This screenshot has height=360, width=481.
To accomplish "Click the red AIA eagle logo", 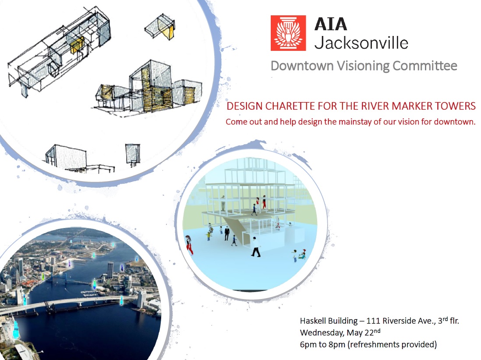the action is (x=288, y=33).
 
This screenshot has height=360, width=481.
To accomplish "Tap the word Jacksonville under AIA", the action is (x=361, y=43).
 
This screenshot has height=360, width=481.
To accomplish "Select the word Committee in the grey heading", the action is (x=425, y=66).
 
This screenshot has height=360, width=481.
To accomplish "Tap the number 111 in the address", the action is (x=373, y=321).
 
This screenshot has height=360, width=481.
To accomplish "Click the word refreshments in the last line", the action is (x=375, y=344).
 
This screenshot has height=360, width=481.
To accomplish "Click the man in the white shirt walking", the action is (x=255, y=247).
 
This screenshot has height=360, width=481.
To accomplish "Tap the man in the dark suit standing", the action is (x=226, y=233).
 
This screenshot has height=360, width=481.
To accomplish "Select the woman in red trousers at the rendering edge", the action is (x=189, y=245).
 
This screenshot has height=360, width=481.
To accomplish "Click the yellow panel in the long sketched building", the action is (x=76, y=45).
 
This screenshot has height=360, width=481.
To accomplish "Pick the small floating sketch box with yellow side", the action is (x=160, y=27).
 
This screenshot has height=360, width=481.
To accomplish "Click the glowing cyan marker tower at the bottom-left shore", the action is (x=15, y=329).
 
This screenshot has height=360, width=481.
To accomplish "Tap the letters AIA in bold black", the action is (x=331, y=24).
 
